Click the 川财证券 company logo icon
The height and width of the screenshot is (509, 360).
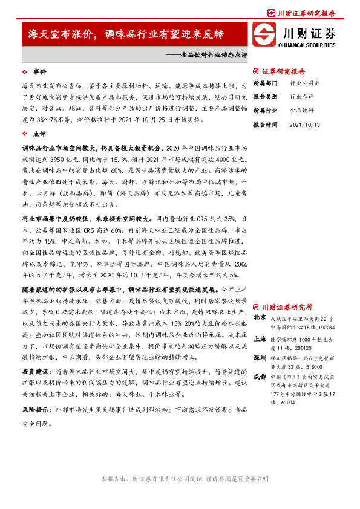(263, 34)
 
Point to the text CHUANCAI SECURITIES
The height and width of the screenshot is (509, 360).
(307, 44)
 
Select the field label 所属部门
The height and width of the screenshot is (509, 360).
(264, 83)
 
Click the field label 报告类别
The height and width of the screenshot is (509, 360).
(264, 96)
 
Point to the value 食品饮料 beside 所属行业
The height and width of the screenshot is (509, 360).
(302, 110)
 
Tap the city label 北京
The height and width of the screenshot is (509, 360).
(260, 317)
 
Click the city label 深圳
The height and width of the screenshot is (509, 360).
(260, 358)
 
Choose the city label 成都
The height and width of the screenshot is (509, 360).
(260, 377)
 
